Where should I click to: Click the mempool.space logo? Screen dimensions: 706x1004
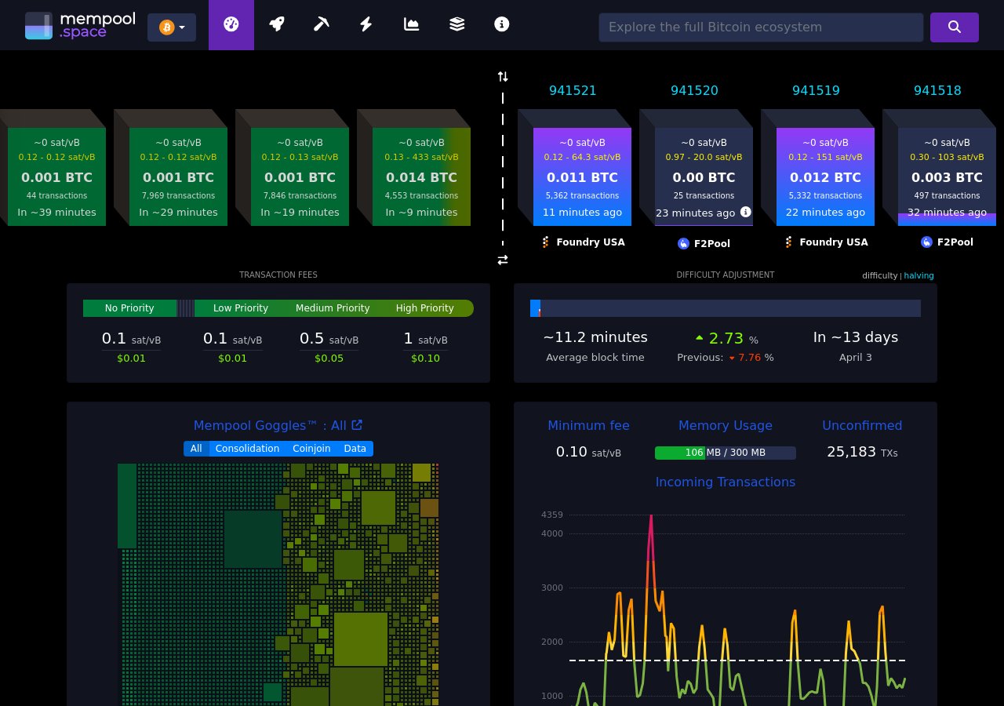click(79, 25)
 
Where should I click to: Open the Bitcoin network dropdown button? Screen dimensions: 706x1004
click(172, 27)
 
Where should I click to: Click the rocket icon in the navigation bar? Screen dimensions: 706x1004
click(276, 24)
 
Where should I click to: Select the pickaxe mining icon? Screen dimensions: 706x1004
click(321, 24)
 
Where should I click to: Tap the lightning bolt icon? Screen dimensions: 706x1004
click(366, 24)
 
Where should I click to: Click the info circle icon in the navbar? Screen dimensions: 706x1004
click(502, 24)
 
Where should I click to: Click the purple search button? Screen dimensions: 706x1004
click(954, 27)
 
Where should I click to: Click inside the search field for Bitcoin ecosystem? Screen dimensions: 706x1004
click(760, 27)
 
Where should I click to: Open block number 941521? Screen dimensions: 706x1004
click(573, 90)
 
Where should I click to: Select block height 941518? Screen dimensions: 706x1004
click(937, 90)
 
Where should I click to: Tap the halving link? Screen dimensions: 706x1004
click(919, 275)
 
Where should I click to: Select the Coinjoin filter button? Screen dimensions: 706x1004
click(311, 449)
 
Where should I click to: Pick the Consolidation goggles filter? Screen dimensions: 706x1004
click(247, 449)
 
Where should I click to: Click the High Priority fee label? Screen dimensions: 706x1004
click(424, 308)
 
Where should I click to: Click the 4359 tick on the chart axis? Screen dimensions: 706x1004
click(551, 515)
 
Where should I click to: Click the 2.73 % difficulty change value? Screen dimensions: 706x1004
click(726, 338)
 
